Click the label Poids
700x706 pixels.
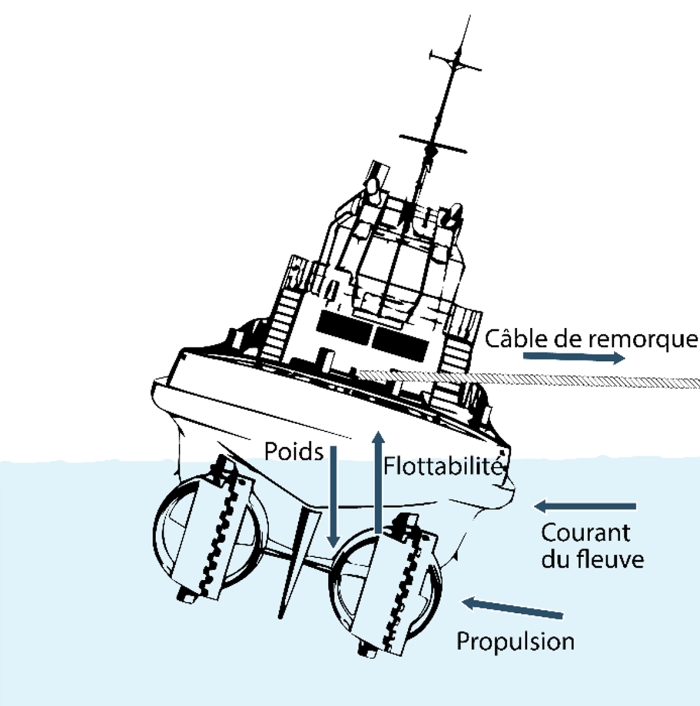point(294,453)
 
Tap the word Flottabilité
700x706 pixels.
point(443,465)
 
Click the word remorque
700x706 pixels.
point(640,339)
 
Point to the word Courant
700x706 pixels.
point(586,532)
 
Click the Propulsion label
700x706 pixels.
point(515,641)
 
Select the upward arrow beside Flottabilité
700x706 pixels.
point(377,483)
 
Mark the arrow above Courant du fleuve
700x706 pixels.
point(585,505)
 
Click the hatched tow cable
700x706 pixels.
point(532,379)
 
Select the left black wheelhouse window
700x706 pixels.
point(343,323)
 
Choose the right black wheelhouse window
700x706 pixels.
point(400,339)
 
